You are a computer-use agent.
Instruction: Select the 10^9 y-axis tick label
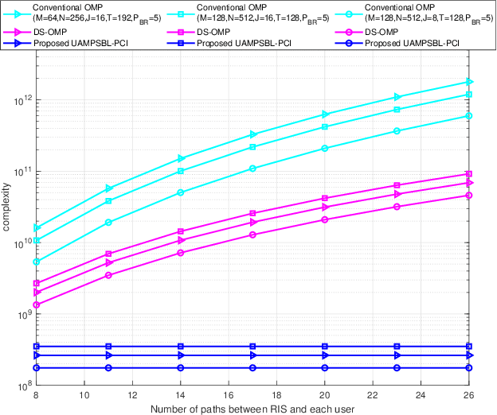pos(19,314)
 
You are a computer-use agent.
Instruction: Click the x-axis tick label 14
pos(181,395)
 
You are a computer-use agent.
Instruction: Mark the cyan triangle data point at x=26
pos(468,82)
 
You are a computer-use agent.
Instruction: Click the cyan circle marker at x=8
pos(37,262)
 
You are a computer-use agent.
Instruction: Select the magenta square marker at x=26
pos(468,174)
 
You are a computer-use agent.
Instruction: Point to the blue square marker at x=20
pos(324,347)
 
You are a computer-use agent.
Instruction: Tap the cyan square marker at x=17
pos(252,147)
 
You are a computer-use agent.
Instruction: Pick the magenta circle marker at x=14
pos(181,253)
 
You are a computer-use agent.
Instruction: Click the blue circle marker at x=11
pos(108,368)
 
